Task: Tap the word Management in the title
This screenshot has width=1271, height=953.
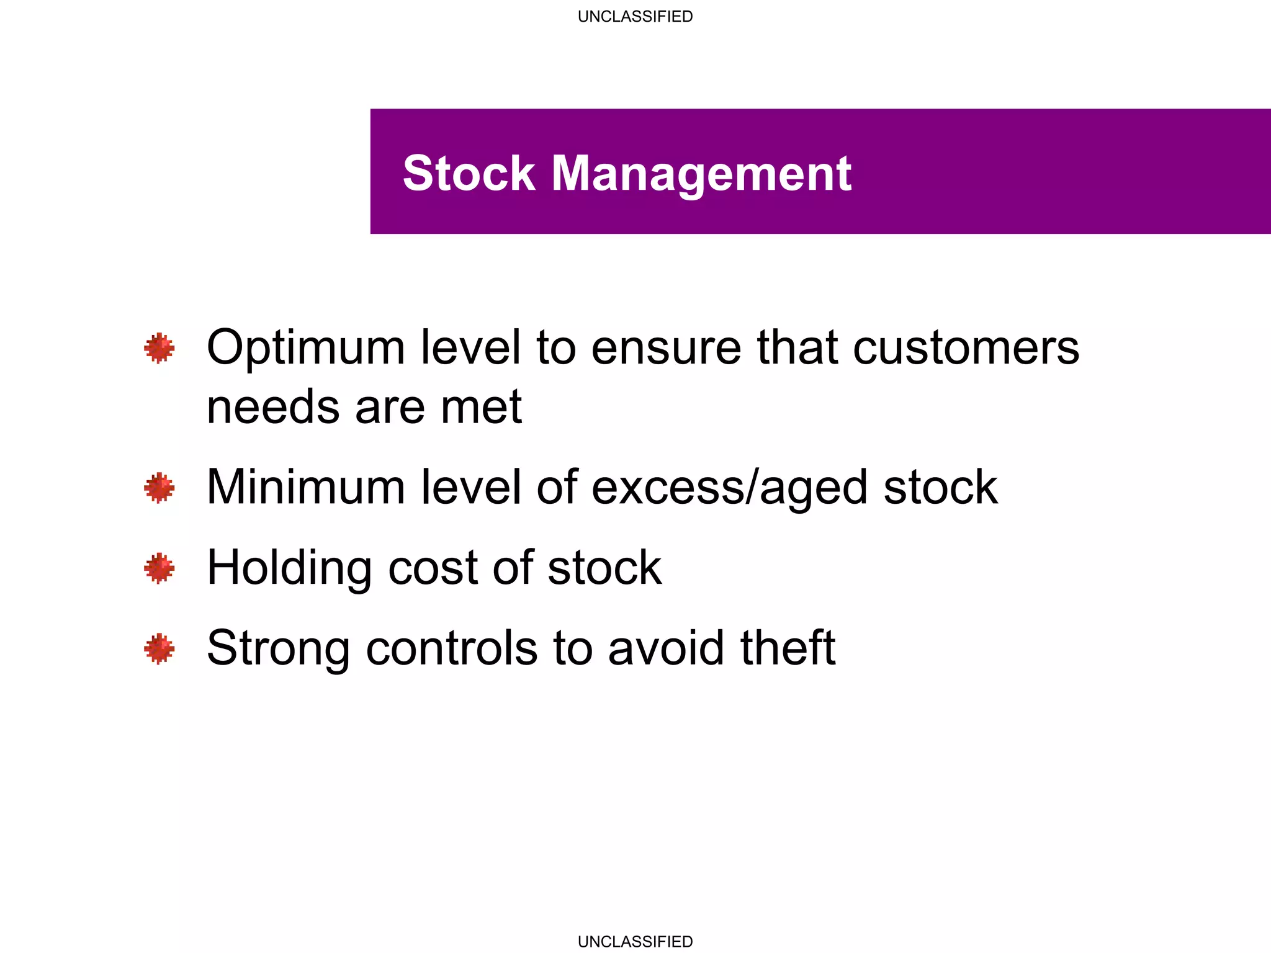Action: pyautogui.click(x=701, y=173)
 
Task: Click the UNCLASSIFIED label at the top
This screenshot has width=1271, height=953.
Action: pyautogui.click(x=635, y=17)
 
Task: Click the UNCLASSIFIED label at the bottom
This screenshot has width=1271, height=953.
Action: pyautogui.click(x=635, y=941)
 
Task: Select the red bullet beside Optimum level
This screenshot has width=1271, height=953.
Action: pyautogui.click(x=159, y=348)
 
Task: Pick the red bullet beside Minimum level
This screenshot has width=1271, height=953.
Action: pyautogui.click(x=159, y=488)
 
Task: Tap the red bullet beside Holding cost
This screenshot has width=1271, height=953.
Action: pyautogui.click(x=159, y=568)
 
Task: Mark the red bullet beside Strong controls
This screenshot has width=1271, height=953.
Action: pyautogui.click(x=159, y=649)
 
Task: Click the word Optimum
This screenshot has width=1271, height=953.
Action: pyautogui.click(x=305, y=349)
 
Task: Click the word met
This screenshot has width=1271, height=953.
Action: pyautogui.click(x=481, y=408)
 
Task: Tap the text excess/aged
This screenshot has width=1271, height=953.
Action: pyautogui.click(x=730, y=488)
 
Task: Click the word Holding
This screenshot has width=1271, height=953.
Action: pyautogui.click(x=289, y=568)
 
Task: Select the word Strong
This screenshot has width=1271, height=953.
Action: pyautogui.click(x=278, y=649)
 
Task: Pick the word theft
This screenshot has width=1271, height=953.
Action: pyautogui.click(x=788, y=648)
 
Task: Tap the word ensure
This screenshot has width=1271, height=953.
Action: pyautogui.click(x=666, y=349)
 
